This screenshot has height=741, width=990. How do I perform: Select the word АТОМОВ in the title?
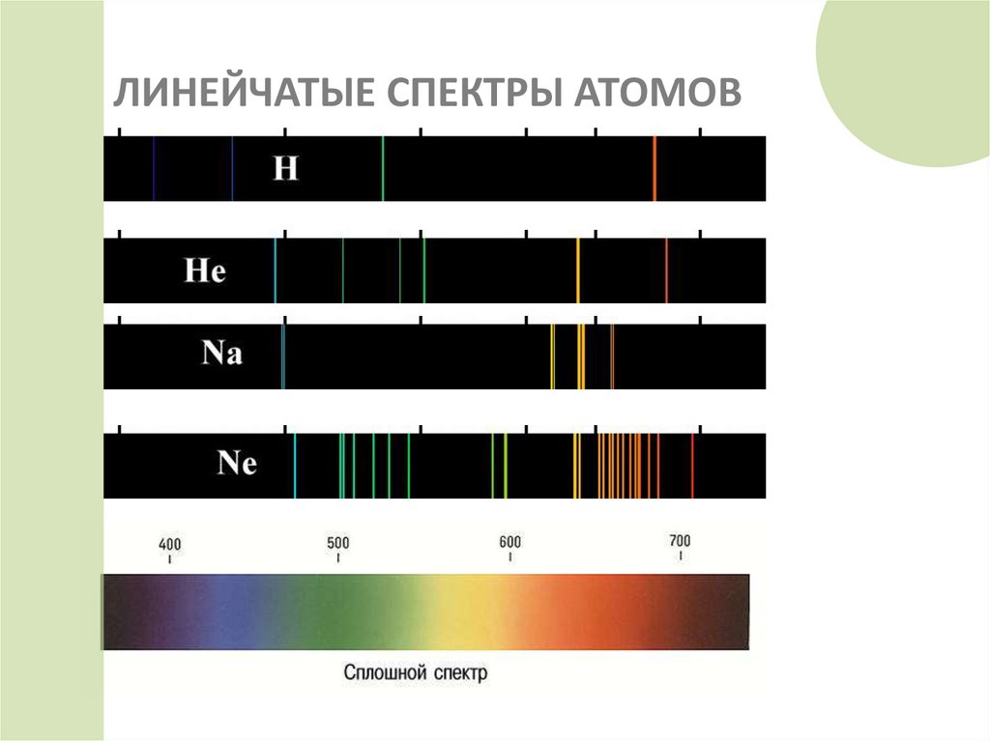coord(661,95)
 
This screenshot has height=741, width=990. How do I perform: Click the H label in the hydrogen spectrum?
coord(286,169)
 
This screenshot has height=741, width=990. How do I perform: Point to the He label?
coord(205,271)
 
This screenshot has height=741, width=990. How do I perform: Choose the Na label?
coord(221,354)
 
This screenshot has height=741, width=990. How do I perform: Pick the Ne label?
coord(237,464)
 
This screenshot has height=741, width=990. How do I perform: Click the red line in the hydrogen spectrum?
coord(655,169)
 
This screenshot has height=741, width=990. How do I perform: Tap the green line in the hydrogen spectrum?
coord(383,169)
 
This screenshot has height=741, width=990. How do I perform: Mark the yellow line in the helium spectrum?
coord(578,271)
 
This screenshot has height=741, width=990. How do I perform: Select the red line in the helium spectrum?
coord(666,271)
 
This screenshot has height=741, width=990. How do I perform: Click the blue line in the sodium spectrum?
coord(282,356)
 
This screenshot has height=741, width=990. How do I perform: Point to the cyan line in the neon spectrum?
coord(295,466)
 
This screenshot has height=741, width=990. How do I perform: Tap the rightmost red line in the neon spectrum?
coord(692,466)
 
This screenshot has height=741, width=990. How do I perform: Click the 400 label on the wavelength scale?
coord(169,545)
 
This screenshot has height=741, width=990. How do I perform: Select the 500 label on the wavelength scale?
coord(337,543)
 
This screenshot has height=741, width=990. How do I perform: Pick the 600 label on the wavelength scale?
coord(510,542)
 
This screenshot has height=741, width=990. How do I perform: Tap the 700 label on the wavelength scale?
coord(680,540)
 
